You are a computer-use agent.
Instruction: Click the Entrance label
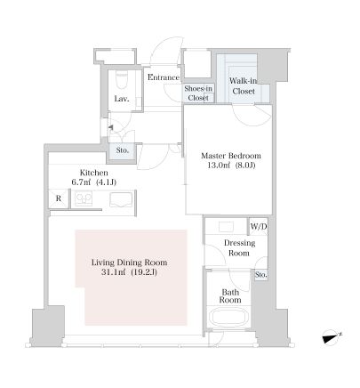[x=164, y=77]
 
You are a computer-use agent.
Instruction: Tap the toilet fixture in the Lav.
[x=122, y=80]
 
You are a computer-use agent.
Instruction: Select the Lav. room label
[x=122, y=99]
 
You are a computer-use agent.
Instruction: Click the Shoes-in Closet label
[x=198, y=93]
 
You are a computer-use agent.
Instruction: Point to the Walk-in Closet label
[x=244, y=86]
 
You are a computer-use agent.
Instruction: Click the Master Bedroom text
[x=231, y=156]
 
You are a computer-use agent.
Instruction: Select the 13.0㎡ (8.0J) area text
[x=231, y=166]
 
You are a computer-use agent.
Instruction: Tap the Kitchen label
[x=94, y=173]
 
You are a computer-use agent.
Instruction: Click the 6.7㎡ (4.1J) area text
[x=94, y=182]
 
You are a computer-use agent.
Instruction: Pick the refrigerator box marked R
[x=59, y=198]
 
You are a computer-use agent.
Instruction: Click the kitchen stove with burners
[x=84, y=198]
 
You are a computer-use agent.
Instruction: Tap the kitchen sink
[x=121, y=199]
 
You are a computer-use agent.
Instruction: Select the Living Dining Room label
[x=129, y=263]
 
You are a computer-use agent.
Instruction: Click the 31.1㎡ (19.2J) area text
[x=129, y=272]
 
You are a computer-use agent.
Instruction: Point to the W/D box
[x=259, y=227]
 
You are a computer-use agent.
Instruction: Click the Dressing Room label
[x=239, y=248]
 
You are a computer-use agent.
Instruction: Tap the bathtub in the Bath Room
[x=229, y=318]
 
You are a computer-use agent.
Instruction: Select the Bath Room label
[x=230, y=296]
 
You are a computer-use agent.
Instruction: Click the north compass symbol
[x=332, y=337]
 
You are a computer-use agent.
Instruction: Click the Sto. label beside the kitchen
[x=123, y=150]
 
